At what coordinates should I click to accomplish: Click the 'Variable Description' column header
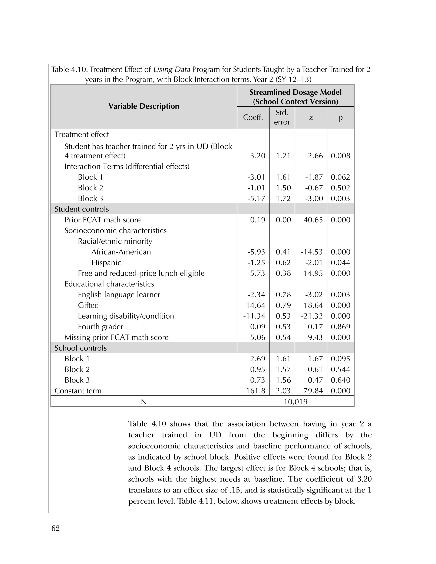pyautogui.click(x=144, y=106)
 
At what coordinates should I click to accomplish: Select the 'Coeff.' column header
pyautogui.click(x=253, y=117)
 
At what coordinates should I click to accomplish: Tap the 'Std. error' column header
pyautogui.click(x=282, y=117)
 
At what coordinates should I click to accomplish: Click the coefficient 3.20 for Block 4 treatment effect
pyautogui.click(x=258, y=156)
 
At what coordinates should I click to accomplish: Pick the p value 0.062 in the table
pyautogui.click(x=340, y=177)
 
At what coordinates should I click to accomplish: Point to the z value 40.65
pyautogui.click(x=313, y=220)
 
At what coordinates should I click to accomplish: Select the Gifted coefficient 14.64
pyautogui.click(x=255, y=305)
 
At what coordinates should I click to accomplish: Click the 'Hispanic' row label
pyautogui.click(x=106, y=263)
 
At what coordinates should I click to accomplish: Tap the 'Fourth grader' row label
pyautogui.click(x=100, y=327)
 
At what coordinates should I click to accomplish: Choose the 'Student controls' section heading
pyautogui.click(x=82, y=209)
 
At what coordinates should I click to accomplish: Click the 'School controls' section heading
pyautogui.click(x=81, y=348)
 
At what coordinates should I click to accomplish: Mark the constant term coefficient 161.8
pyautogui.click(x=255, y=391)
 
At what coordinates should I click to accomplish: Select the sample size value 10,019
pyautogui.click(x=295, y=402)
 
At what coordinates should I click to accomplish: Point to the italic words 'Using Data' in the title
pyautogui.click(x=172, y=69)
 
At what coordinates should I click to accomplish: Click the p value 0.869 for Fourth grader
pyautogui.click(x=340, y=327)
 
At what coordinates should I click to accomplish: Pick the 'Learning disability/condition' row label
pyautogui.click(x=126, y=316)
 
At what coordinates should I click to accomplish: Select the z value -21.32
pyautogui.click(x=311, y=316)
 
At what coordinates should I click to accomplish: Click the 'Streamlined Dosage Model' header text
pyautogui.click(x=295, y=92)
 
